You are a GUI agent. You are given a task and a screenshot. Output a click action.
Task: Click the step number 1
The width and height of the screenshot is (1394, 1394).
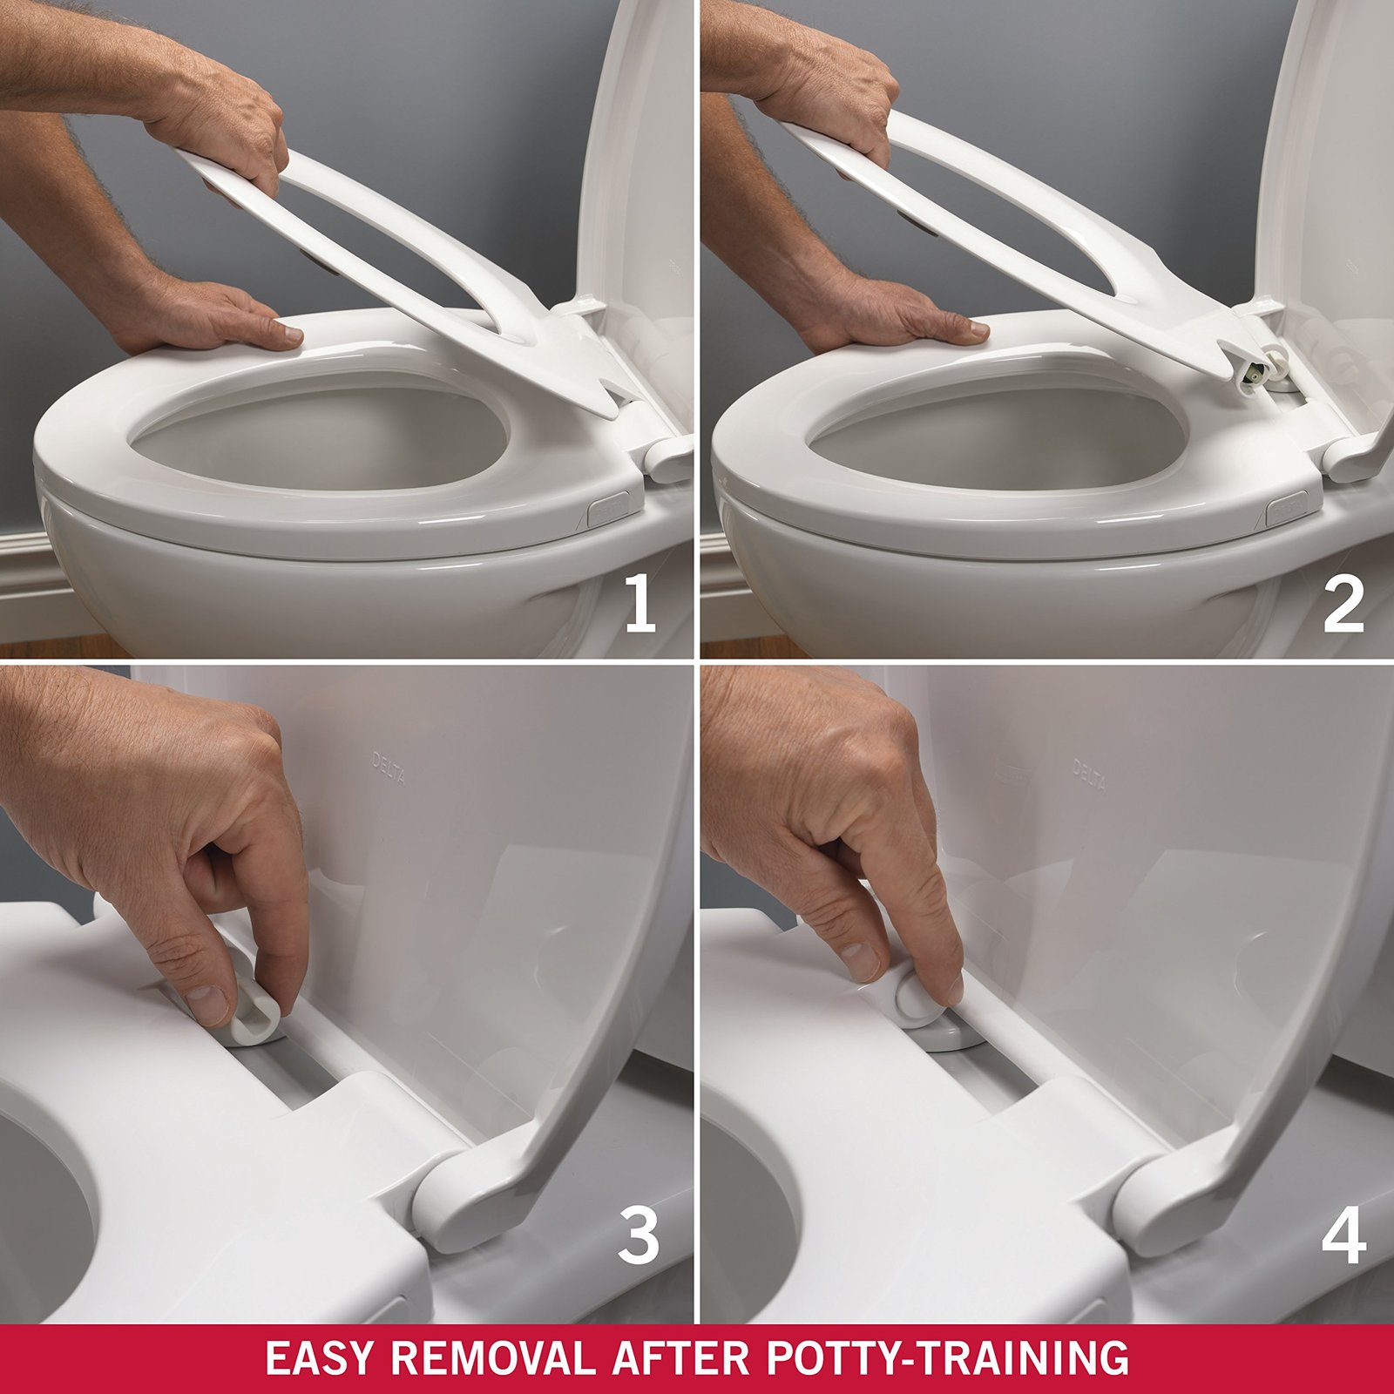point(640,606)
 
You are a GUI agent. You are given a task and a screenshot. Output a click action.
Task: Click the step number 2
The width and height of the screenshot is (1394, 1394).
point(1343,606)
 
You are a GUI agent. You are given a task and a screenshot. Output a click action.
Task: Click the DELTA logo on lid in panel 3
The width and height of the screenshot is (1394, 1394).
point(389,768)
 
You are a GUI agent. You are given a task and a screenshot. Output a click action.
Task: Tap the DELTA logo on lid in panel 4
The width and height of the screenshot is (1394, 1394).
point(1089,775)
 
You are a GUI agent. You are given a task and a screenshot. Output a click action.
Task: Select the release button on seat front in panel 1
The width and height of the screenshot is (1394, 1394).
point(609,511)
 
